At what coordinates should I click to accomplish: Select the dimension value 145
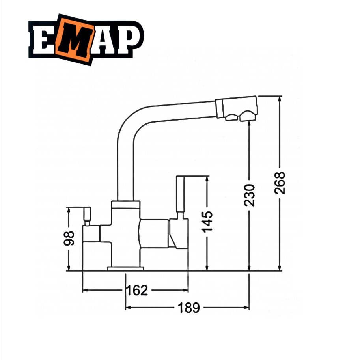coord(207,221)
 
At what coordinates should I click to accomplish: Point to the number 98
coord(70,238)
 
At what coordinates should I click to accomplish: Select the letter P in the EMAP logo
coord(127,39)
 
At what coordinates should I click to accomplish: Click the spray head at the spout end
coord(237,108)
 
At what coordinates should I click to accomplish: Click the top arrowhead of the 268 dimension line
coord(280,99)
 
